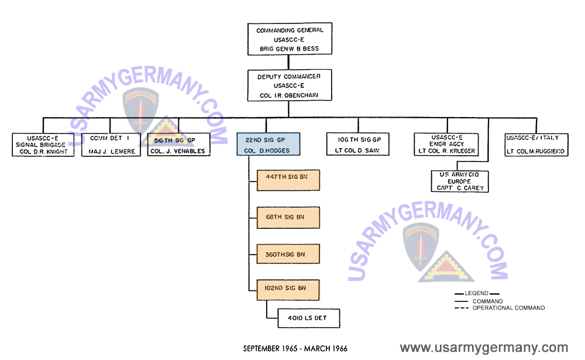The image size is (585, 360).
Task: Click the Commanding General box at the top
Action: pos(290,39)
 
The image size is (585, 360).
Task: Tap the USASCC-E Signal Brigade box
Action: pos(43,145)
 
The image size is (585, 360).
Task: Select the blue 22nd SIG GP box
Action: pos(269,144)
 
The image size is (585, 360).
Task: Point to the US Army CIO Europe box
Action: pos(459,181)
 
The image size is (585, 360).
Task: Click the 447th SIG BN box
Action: pos(288,180)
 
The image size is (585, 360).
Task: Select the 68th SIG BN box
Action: pos(288,217)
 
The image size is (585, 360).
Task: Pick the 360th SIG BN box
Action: pos(288,254)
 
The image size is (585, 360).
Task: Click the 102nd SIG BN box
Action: pos(288,288)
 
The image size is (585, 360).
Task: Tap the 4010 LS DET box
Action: pos(302,318)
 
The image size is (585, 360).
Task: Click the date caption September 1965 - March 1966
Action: pos(295,348)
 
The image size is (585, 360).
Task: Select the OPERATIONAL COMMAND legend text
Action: pos(508,308)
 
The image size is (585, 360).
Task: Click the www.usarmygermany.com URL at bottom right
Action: pos(483,348)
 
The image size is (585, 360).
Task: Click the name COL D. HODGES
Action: pos(269,151)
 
